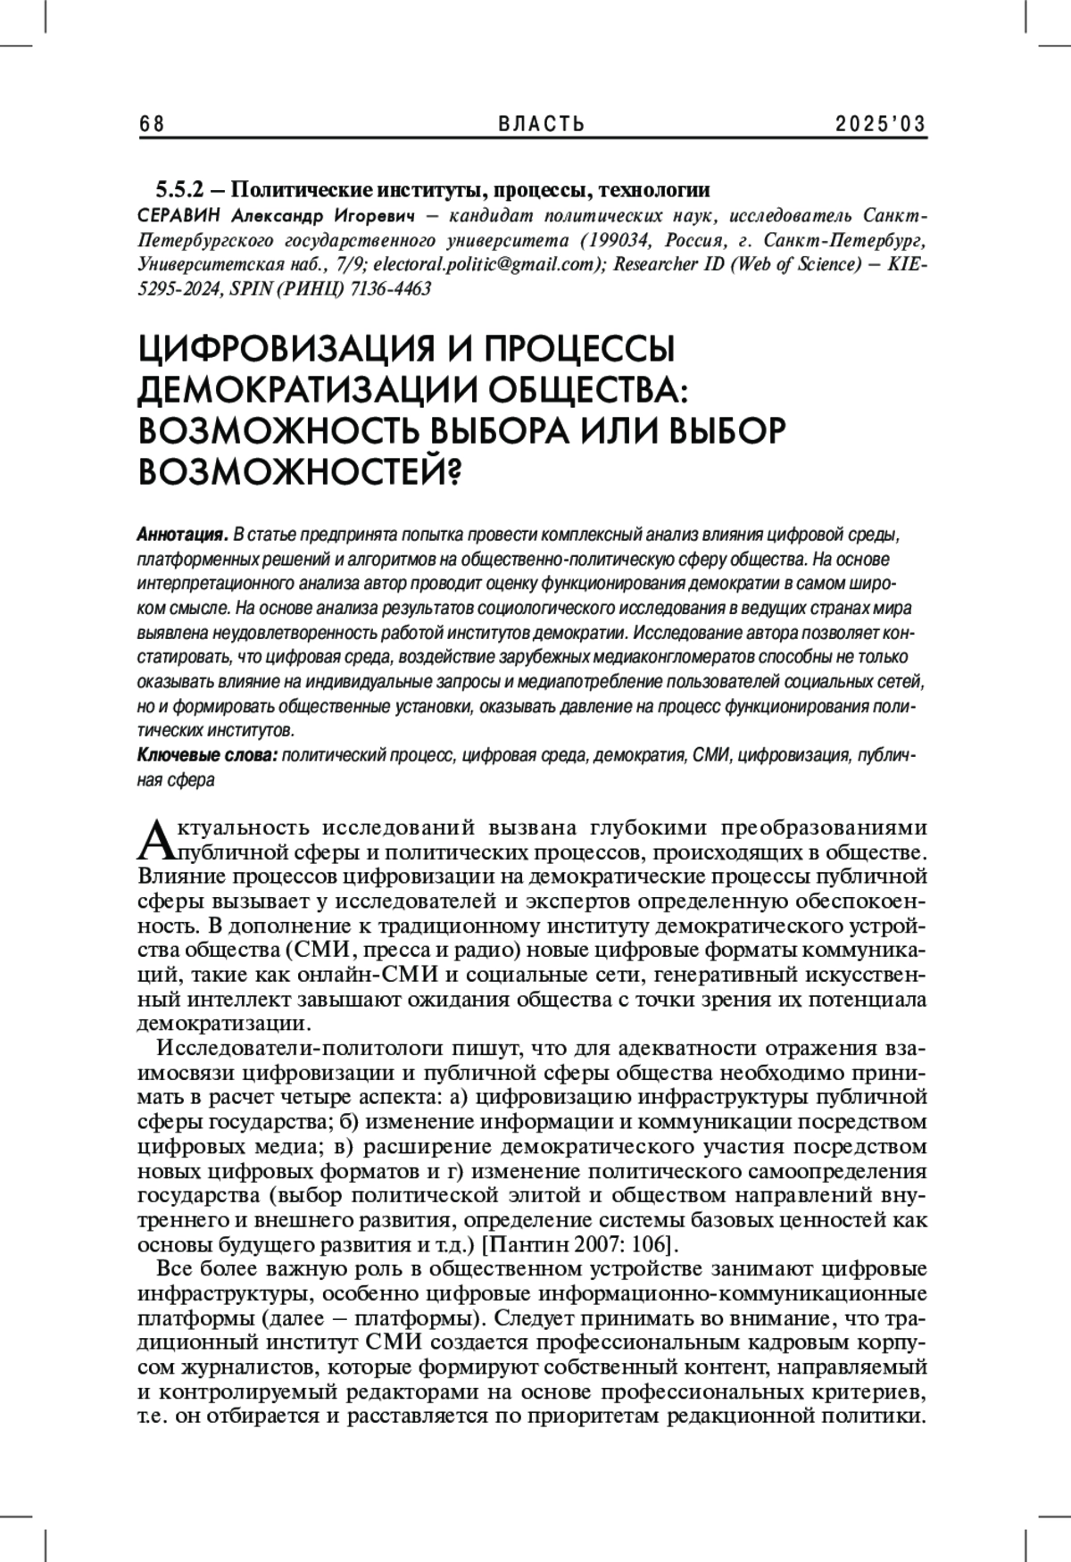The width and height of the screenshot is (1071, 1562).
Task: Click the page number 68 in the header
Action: [x=153, y=124]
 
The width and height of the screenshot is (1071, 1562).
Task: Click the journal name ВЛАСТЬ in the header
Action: [x=542, y=124]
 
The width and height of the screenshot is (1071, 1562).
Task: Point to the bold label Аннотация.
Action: [x=182, y=536]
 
